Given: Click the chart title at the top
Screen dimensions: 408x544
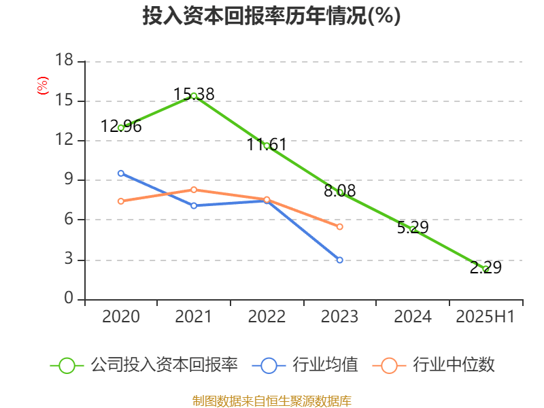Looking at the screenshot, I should [271, 16].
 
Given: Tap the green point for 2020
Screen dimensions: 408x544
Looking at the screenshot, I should [121, 128].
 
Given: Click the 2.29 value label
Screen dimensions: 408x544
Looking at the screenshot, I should [486, 268].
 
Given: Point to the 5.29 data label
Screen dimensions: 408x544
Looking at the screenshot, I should [413, 227].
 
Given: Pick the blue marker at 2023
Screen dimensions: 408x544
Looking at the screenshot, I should [339, 260].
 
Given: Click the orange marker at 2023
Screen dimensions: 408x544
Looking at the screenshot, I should [339, 226].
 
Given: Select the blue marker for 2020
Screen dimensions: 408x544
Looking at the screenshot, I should [121, 173].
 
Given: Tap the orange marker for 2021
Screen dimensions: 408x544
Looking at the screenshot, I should [194, 190].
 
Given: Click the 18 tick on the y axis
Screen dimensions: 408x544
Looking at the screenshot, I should [64, 61].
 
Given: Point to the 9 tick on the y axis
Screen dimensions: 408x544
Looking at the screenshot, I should [68, 180].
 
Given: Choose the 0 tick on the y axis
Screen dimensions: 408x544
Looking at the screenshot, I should [68, 299].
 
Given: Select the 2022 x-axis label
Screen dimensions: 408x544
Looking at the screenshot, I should [267, 317].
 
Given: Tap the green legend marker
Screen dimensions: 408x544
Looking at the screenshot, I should [67, 365].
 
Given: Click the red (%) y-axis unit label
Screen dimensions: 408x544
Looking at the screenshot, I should [43, 86].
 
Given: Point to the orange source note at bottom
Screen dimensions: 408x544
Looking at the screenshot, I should [271, 401].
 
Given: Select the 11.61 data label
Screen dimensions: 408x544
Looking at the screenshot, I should [267, 144].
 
